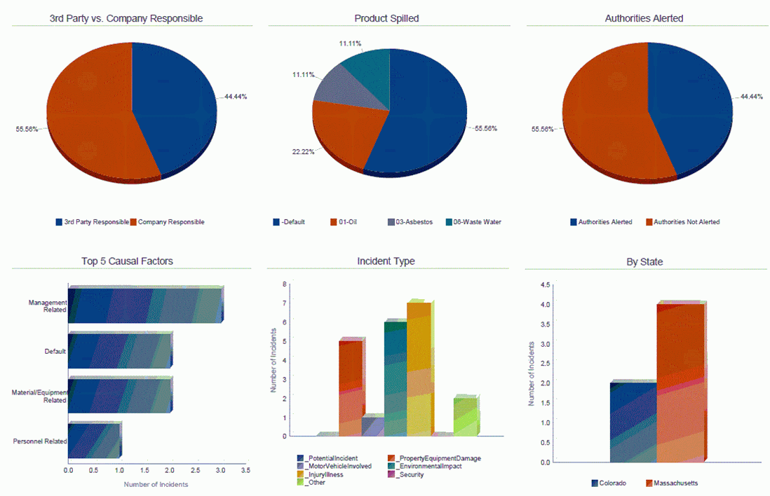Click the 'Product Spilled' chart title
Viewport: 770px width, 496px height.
(x=386, y=18)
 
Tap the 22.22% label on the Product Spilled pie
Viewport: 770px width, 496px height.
(x=303, y=151)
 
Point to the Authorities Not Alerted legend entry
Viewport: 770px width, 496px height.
(x=686, y=222)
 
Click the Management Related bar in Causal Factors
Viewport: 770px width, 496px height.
(x=144, y=304)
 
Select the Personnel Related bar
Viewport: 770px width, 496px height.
(x=94, y=441)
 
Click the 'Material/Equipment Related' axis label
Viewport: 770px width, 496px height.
(x=39, y=396)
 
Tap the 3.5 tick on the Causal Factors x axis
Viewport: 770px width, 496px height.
(x=245, y=471)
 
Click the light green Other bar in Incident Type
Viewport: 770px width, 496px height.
(x=465, y=416)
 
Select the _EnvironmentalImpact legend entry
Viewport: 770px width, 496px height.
(x=428, y=466)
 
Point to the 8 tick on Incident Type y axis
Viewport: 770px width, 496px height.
(x=285, y=284)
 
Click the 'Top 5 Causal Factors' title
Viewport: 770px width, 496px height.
(x=127, y=261)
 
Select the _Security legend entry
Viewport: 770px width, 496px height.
(x=410, y=474)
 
